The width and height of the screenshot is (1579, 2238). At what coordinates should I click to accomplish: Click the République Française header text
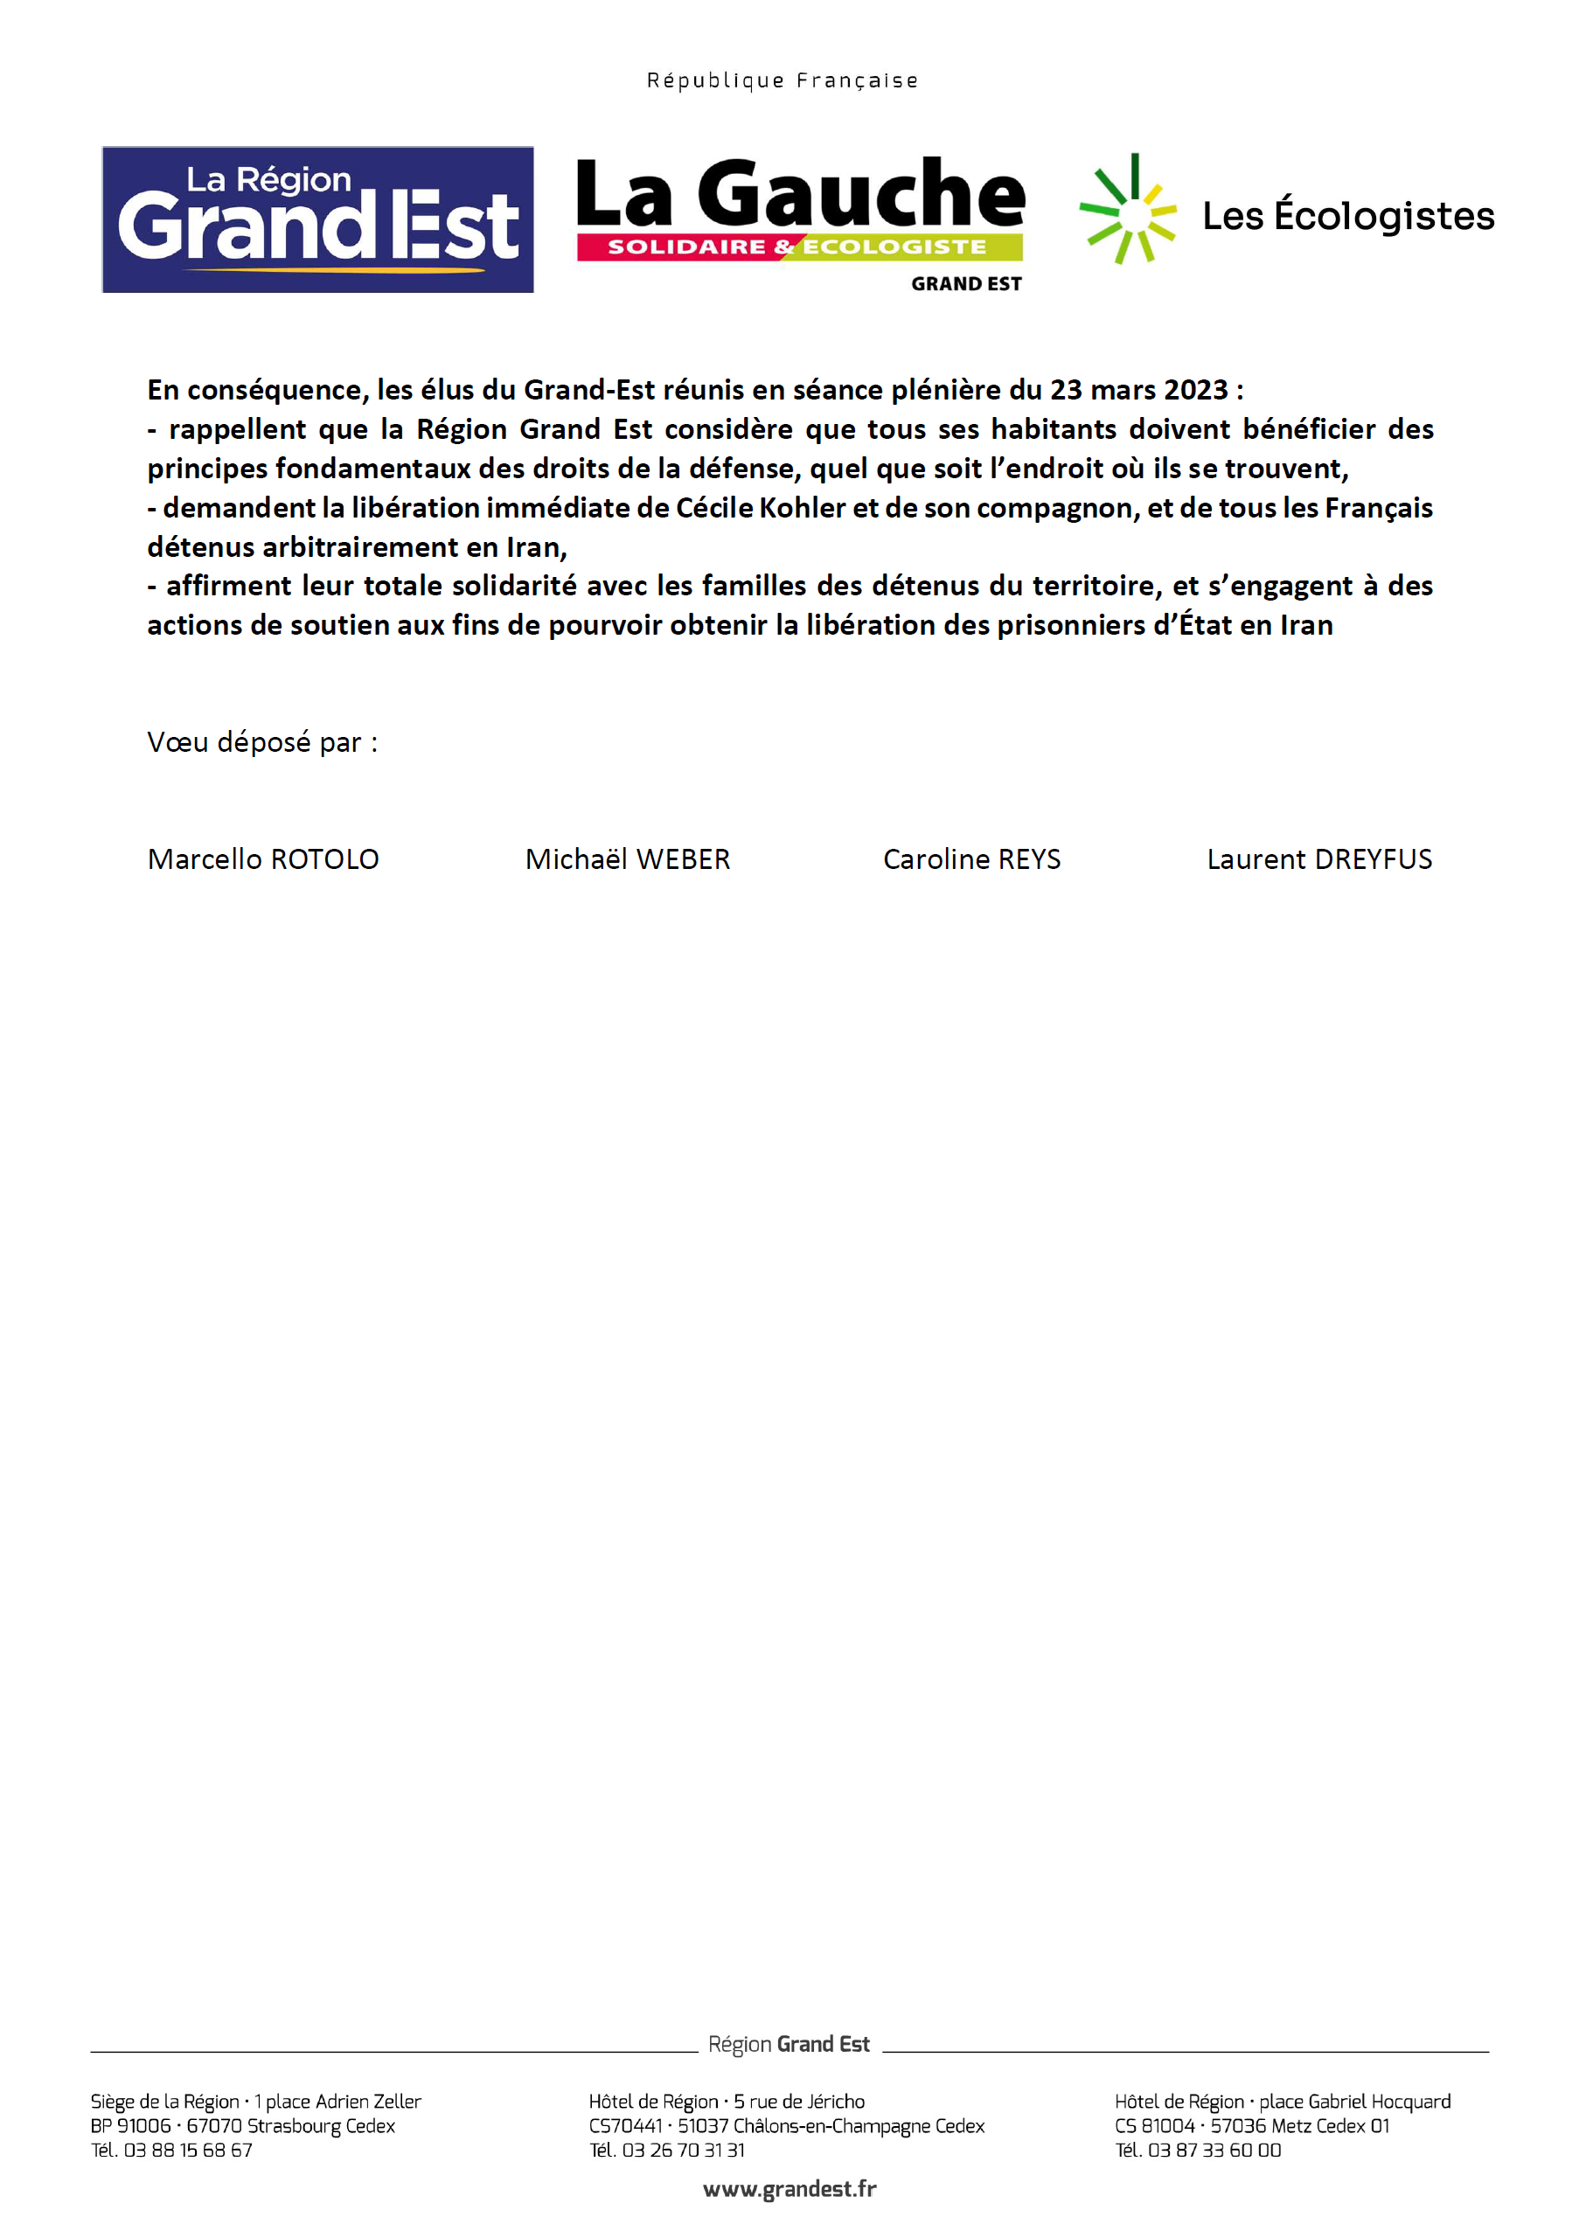pos(782,80)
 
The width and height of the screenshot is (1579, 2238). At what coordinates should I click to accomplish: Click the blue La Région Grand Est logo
pos(317,219)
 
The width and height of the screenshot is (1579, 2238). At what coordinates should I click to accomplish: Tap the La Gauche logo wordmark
pos(799,195)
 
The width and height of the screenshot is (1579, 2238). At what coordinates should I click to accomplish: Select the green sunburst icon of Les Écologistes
pos(1128,210)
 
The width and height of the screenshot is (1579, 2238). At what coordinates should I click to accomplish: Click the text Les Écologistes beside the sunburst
pos(1348,215)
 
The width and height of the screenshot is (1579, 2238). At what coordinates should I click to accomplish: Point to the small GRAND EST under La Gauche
pos(966,283)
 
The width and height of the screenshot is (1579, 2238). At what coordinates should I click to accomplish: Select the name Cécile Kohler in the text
pos(761,508)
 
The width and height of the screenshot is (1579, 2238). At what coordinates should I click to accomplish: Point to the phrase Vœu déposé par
pos(262,742)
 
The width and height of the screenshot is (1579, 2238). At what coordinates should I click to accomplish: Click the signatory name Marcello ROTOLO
pos(263,858)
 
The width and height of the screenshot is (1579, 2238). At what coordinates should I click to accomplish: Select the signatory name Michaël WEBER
pos(628,858)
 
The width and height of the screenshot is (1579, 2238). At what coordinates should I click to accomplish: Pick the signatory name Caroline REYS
pos(971,858)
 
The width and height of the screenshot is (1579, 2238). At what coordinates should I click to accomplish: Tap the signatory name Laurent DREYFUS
pos(1318,858)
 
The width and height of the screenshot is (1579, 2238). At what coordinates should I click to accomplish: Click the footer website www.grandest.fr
pos(789,2188)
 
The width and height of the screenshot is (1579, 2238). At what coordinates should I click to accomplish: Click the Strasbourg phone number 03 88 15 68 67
pos(187,2150)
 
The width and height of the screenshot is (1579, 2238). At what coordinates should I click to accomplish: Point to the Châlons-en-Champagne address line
pos(787,2125)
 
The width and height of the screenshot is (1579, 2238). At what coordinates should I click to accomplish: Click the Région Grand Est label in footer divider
pos(789,2043)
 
